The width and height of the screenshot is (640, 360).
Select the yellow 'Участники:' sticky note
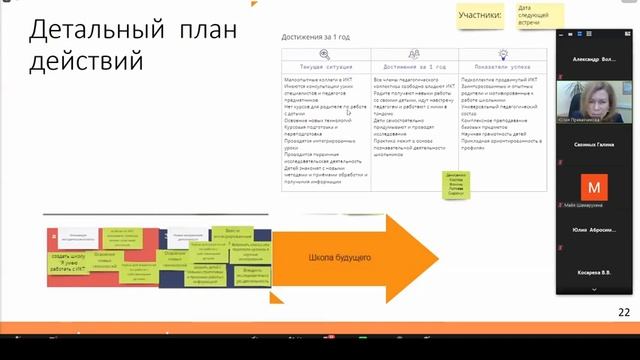pos(481,16)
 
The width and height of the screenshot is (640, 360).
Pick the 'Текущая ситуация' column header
pos(325,67)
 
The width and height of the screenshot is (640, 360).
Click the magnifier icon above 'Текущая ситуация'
pos(325,55)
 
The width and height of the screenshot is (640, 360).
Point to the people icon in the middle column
pos(414,55)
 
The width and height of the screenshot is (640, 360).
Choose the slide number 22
pos(624,313)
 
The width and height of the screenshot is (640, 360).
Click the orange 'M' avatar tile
pos(594,187)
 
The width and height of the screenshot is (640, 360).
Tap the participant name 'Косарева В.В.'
pos(594,272)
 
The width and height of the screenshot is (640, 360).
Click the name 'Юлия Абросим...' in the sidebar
pos(594,229)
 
